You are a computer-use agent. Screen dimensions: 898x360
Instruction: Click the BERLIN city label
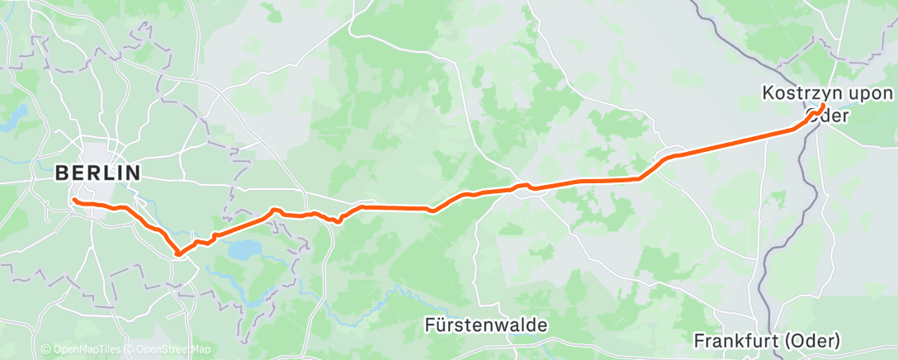(97, 173)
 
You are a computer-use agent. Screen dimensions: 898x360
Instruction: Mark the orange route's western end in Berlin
(74, 200)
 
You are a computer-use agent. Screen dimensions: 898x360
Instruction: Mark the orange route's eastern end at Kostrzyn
(823, 107)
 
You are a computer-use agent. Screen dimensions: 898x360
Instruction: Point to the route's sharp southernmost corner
(177, 254)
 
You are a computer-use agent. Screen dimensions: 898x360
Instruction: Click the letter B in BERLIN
(62, 173)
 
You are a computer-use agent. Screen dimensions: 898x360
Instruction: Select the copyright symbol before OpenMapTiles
(45, 350)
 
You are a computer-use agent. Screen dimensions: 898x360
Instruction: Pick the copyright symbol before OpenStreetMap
(130, 350)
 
